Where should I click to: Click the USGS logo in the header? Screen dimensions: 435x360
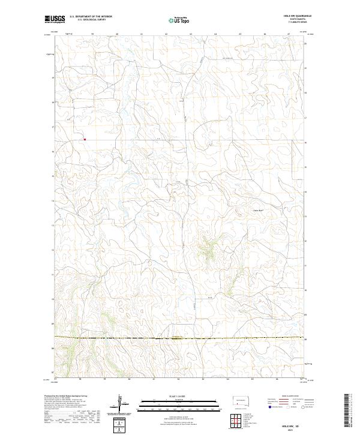click(55, 19)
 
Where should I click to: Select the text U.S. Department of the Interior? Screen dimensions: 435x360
click(91, 17)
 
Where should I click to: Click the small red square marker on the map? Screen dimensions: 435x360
click(85, 140)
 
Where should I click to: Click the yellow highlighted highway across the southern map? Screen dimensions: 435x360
click(180, 338)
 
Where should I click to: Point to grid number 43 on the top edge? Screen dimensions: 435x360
click(190, 34)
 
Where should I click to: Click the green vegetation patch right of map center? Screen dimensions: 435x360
click(209, 248)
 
